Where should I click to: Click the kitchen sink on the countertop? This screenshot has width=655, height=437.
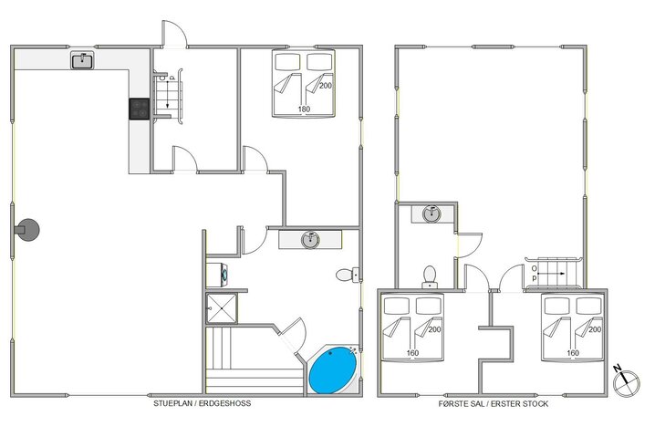[x=82, y=60]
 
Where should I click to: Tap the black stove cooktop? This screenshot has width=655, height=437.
[x=139, y=109]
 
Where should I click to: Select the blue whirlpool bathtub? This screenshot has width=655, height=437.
[x=333, y=370]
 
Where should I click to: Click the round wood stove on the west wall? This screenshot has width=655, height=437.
[x=27, y=230]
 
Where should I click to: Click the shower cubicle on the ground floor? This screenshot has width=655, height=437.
[x=222, y=308]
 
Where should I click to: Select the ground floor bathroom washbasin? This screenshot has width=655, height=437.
[x=310, y=239]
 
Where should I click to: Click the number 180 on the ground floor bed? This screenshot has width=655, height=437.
[x=304, y=109]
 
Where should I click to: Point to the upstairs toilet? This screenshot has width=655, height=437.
[x=430, y=277]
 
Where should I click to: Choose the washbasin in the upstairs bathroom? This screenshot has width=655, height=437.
[x=431, y=213]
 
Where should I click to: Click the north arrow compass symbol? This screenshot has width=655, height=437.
[x=626, y=381]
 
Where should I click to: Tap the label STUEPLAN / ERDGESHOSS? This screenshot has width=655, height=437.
[x=203, y=403]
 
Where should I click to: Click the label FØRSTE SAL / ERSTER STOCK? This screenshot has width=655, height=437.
[x=494, y=404]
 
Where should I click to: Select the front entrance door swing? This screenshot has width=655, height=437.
[x=173, y=34]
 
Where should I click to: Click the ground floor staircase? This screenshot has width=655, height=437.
[x=168, y=96]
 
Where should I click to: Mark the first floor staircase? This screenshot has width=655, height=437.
[x=553, y=273]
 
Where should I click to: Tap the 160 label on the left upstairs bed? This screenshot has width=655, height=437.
[x=412, y=353]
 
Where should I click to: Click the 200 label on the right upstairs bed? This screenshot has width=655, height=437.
[x=595, y=329]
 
